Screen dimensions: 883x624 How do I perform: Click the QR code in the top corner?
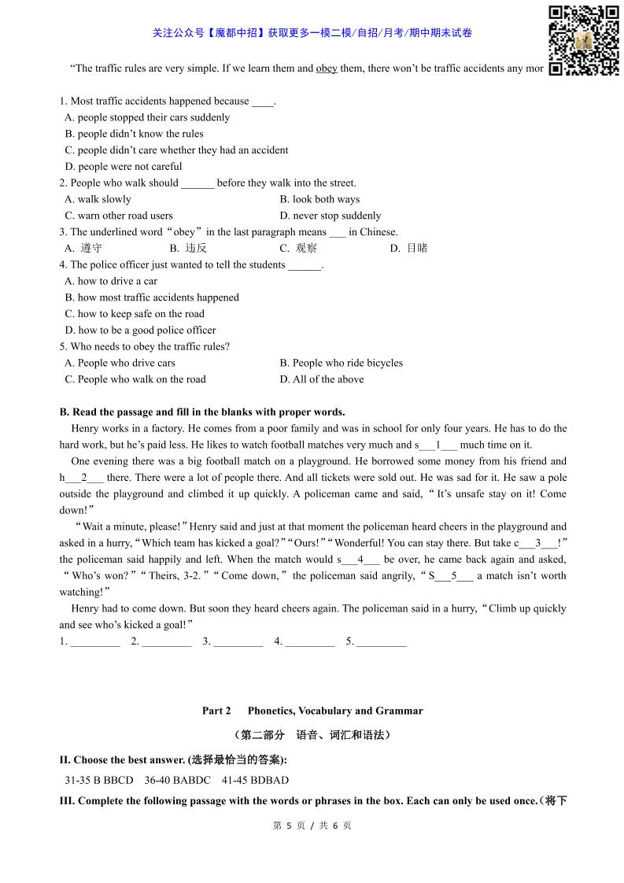(583, 40)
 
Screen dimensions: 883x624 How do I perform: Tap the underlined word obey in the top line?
(327, 68)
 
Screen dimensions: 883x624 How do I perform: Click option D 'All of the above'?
(322, 379)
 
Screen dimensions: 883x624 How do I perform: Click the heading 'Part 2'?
(216, 711)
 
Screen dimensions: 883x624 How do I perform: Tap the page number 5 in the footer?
(289, 826)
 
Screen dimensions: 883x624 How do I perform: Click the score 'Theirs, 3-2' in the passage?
(158, 575)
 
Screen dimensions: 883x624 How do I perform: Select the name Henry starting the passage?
(85, 428)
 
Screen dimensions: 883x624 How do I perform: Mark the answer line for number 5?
(381, 643)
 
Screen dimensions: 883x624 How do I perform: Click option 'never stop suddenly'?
(330, 216)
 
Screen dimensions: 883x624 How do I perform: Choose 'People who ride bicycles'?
(341, 363)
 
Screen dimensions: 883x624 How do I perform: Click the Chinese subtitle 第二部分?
(263, 735)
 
